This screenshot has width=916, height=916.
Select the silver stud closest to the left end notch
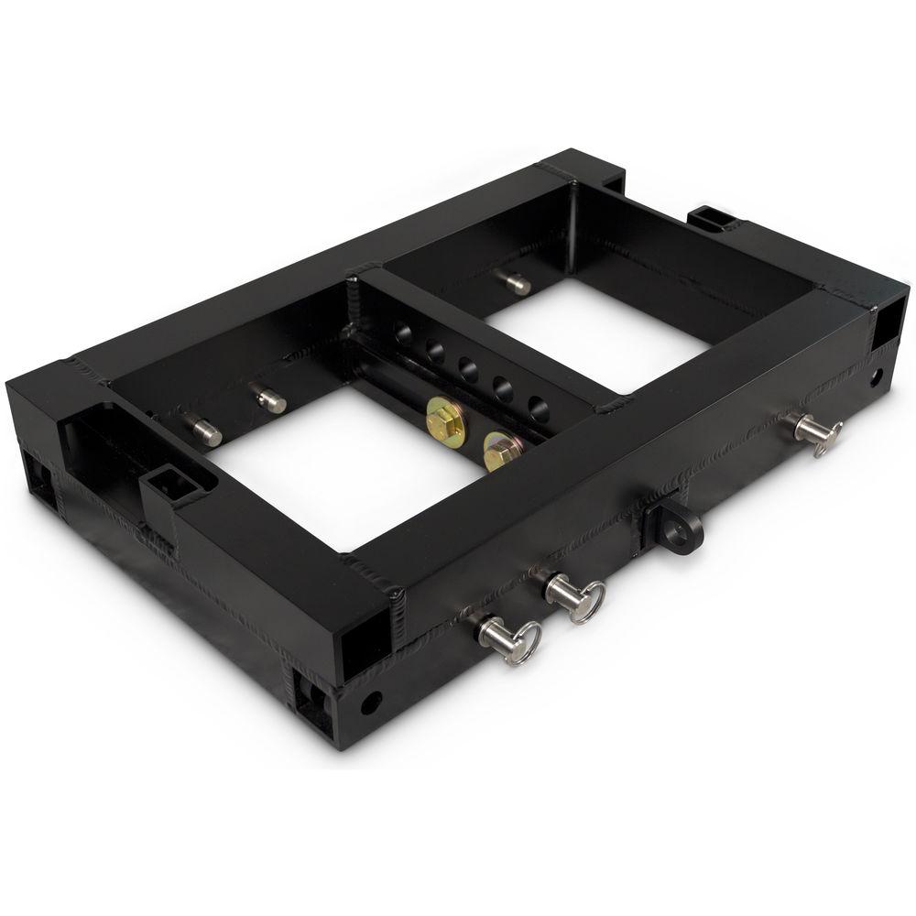tap(203, 430)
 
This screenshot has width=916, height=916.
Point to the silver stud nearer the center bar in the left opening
tap(268, 398)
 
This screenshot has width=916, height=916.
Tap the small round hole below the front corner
tap(370, 703)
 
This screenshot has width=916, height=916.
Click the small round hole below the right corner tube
tap(877, 376)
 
